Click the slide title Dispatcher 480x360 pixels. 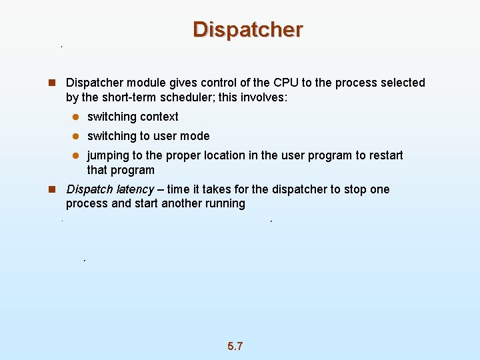pyautogui.click(x=247, y=30)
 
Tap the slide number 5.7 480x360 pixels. pyautogui.click(x=235, y=346)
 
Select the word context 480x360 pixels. pyautogui.click(x=159, y=117)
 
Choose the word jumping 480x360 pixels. pyautogui.click(x=108, y=155)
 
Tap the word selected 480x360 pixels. pyautogui.click(x=402, y=83)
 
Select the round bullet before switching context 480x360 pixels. pyautogui.click(x=76, y=117)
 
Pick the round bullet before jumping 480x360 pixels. pyautogui.click(x=76, y=155)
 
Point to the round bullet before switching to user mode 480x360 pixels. pyautogui.click(x=76, y=136)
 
